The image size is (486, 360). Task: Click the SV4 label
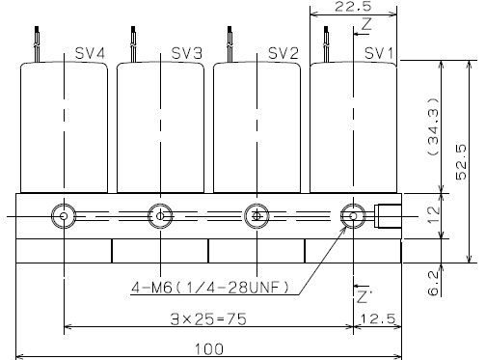90,53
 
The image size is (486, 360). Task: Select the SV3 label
186,53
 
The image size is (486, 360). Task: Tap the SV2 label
283,53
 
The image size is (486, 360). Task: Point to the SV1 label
379,53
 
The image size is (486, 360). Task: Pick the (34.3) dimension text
434,125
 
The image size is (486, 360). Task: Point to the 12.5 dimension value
377,318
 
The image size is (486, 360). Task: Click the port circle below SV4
64,215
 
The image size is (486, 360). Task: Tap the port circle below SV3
160,215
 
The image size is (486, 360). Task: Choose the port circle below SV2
256,215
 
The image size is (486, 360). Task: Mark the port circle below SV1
354,215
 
